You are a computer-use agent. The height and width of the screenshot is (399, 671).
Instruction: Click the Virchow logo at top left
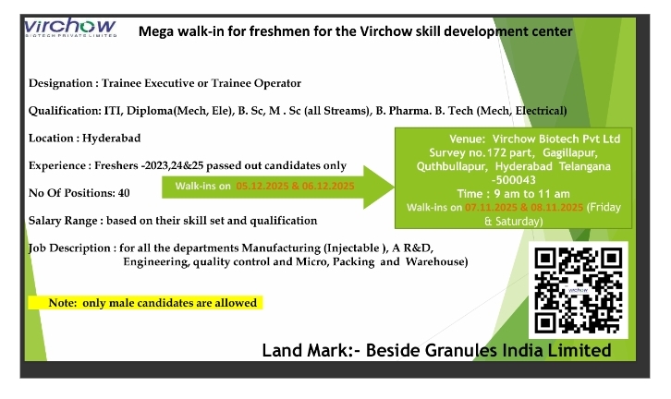coord(70,28)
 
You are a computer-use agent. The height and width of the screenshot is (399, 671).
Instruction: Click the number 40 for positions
coord(124,193)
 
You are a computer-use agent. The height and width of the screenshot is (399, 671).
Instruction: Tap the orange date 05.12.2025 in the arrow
coord(264,187)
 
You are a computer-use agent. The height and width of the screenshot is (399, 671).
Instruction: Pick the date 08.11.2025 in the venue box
coord(555,208)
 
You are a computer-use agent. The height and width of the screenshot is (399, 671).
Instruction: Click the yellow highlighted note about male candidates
coord(143,303)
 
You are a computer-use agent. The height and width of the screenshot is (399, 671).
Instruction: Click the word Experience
coord(59,165)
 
